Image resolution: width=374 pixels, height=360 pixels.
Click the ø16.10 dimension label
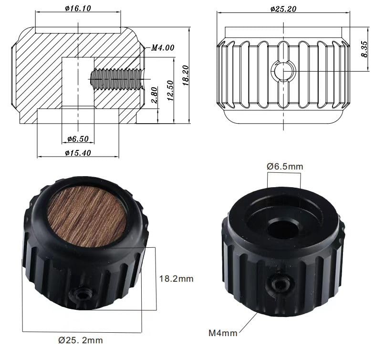pyautogui.click(x=78, y=9)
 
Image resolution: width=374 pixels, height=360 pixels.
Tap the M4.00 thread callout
pyautogui.click(x=163, y=48)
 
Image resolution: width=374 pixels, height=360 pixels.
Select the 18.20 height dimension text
pyautogui.click(x=185, y=75)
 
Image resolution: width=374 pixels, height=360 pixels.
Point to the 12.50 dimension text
pyautogui.click(x=170, y=91)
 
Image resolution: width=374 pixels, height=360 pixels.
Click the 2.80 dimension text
pyautogui.click(x=155, y=95)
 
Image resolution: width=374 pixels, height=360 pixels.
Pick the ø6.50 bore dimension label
pyautogui.click(x=78, y=139)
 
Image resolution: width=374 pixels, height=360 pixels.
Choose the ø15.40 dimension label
pyautogui.click(x=78, y=153)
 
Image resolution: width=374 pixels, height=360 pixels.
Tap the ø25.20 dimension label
pyautogui.click(x=283, y=9)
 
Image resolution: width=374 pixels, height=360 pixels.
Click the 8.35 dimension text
pyautogui.click(x=364, y=49)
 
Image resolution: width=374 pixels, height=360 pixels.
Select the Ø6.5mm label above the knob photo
pyautogui.click(x=285, y=166)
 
